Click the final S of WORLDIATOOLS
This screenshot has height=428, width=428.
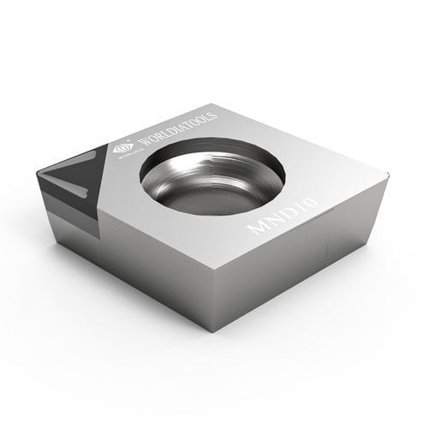pyautogui.click(x=214, y=116)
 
